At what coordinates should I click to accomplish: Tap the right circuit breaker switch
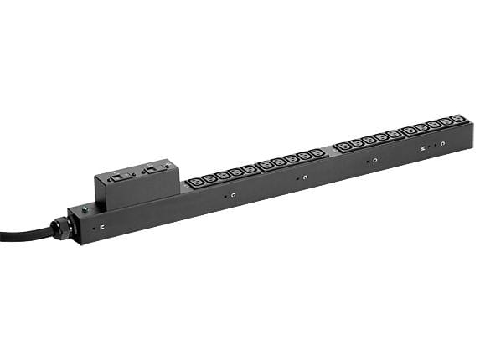pyautogui.click(x=153, y=170)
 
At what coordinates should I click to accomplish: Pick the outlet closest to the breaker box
pyautogui.click(x=195, y=181)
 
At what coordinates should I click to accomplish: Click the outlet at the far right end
pyautogui.click(x=456, y=119)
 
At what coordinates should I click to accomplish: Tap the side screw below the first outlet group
pyautogui.click(x=233, y=195)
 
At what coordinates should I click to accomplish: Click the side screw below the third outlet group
pyautogui.click(x=374, y=160)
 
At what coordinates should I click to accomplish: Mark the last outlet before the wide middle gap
pyautogui.click(x=316, y=152)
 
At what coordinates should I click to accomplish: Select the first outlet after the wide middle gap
pyautogui.click(x=343, y=147)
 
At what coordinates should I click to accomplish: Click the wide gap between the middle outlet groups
pyautogui.click(x=329, y=150)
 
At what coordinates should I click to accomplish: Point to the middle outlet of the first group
pyautogui.click(x=222, y=175)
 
